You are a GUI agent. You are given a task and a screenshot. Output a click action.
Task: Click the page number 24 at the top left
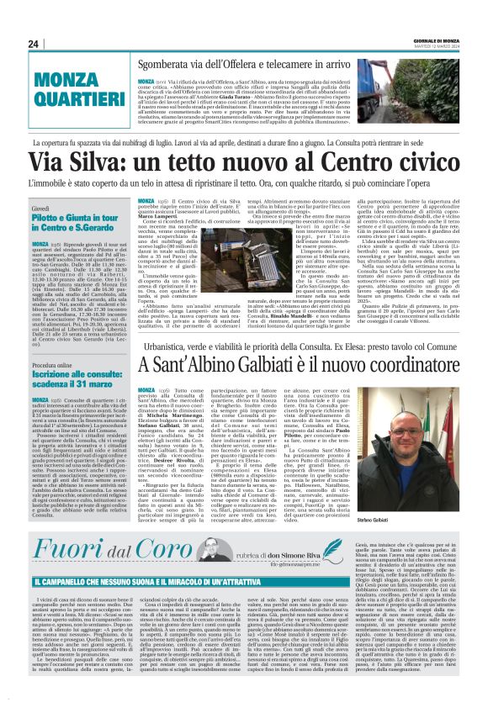tap(34, 44)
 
